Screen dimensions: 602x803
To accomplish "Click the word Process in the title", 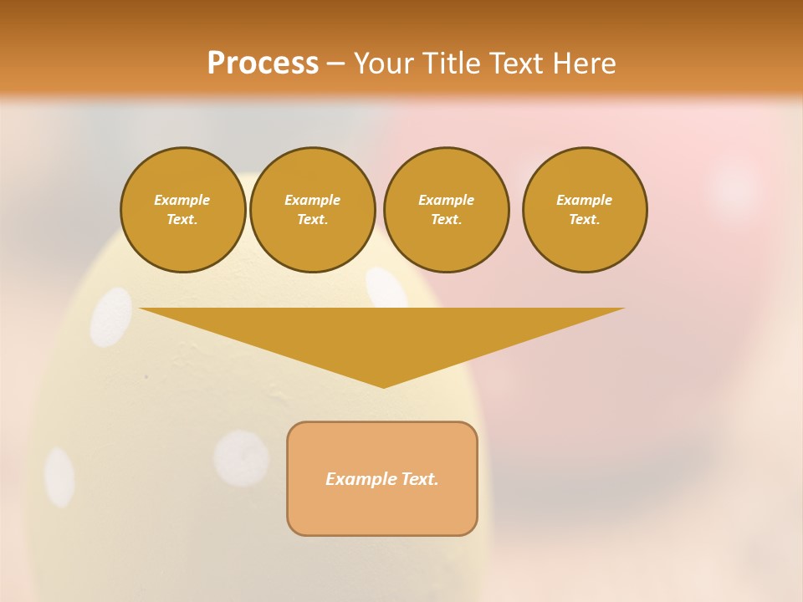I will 263,64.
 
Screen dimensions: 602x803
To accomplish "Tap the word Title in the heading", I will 451,64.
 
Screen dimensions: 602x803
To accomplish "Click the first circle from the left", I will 182,210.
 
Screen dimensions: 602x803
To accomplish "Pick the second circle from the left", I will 312,210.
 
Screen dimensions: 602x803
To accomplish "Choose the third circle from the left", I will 446,210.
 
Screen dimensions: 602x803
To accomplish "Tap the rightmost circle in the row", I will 585,210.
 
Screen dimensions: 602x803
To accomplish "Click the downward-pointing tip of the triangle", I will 384,385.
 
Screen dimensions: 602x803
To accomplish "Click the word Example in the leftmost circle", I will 182,200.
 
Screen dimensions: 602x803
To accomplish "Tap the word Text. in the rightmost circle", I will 585,220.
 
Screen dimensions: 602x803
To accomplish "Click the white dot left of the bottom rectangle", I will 242,458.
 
